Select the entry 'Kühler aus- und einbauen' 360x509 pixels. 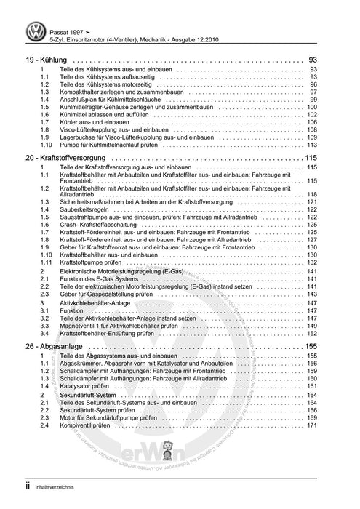point(92,122)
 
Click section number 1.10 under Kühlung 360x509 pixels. point(45,144)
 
